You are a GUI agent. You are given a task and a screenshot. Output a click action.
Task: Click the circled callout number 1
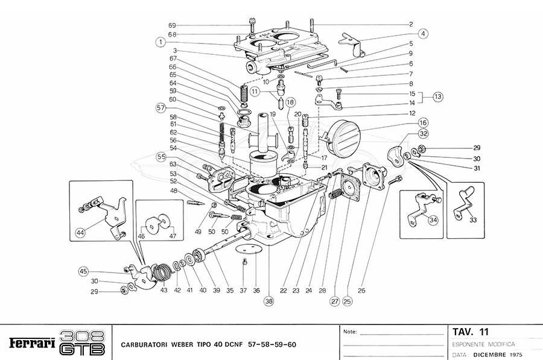click(160, 42)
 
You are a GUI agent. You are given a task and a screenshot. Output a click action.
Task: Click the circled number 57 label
click(160, 109)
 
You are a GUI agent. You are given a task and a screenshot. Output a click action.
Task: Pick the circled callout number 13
click(437, 96)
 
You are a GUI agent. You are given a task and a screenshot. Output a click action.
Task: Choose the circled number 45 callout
click(83, 271)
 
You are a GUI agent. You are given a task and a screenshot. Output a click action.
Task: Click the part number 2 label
click(410, 25)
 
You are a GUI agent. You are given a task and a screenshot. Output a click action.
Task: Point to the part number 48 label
click(173, 191)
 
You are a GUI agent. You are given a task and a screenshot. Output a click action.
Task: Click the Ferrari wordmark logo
click(33, 344)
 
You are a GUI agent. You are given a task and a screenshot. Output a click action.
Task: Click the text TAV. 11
click(471, 332)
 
